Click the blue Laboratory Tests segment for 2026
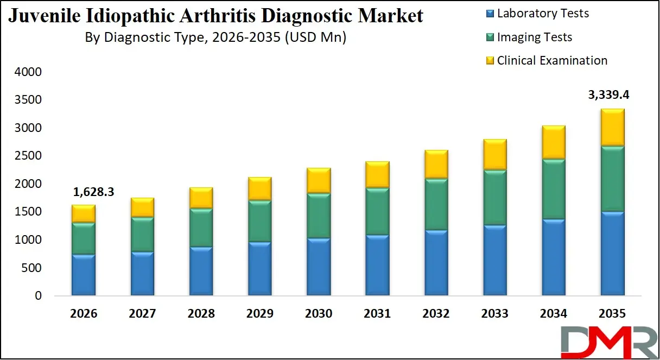(x=84, y=275)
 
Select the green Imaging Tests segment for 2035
(x=612, y=179)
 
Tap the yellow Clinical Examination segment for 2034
(x=553, y=142)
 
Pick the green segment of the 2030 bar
(x=319, y=216)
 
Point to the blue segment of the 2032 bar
(x=436, y=263)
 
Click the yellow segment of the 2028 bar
(x=201, y=198)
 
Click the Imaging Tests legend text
(x=535, y=37)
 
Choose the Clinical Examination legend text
(x=552, y=60)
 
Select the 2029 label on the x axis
(x=259, y=314)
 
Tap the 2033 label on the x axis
(x=494, y=314)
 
